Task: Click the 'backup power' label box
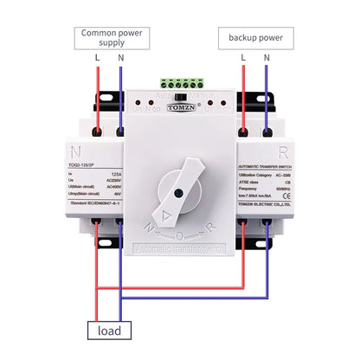256,39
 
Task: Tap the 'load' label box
108,330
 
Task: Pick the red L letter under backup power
244,58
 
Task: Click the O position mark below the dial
178,235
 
